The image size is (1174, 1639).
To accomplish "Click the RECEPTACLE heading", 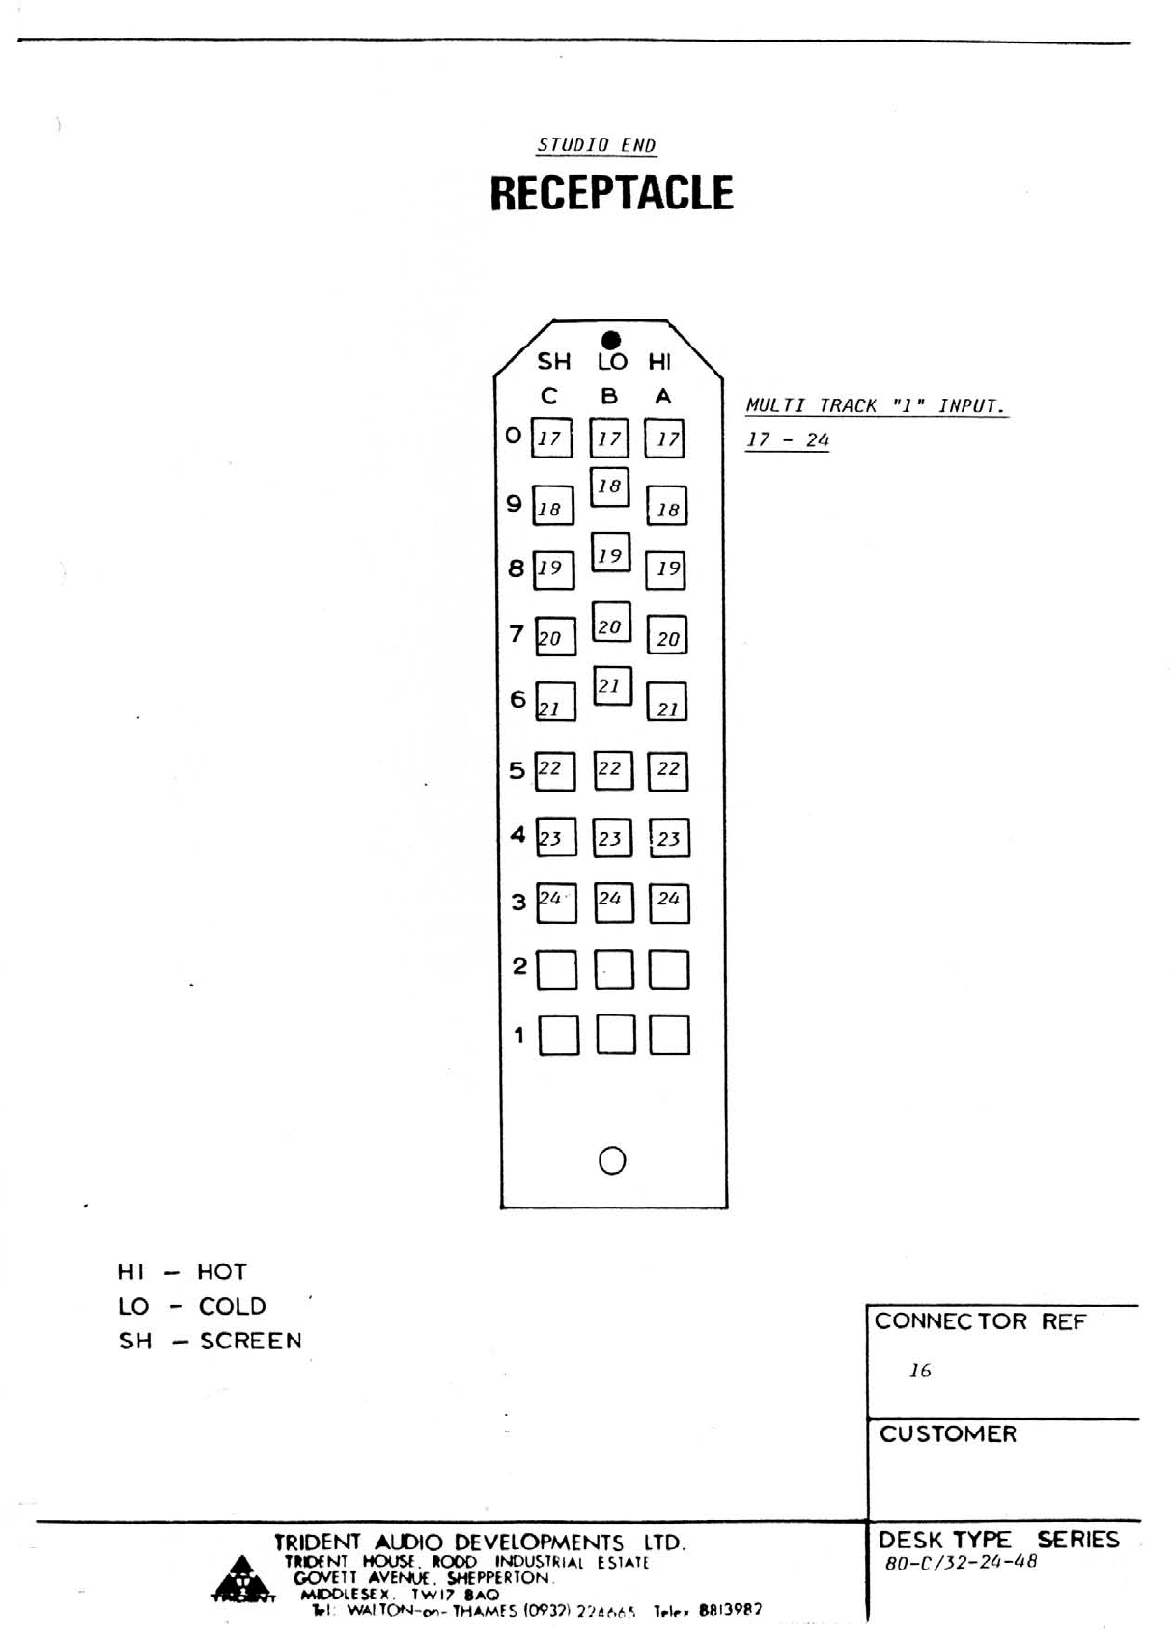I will click(x=611, y=193).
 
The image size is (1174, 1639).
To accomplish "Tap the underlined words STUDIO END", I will click(x=597, y=145).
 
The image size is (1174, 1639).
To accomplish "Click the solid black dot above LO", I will click(x=611, y=340).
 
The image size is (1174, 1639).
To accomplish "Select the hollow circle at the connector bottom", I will click(x=612, y=1160).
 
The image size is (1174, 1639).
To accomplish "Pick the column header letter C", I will click(x=549, y=396).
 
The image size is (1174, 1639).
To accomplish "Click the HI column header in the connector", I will click(x=659, y=362).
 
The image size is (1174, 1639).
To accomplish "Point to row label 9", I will click(x=515, y=503).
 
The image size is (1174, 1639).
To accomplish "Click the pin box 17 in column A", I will click(x=666, y=438).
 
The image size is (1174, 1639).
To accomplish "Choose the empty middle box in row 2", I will click(x=614, y=970).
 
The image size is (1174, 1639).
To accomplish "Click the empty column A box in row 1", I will click(x=669, y=1035).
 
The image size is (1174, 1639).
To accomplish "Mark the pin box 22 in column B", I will click(x=612, y=770).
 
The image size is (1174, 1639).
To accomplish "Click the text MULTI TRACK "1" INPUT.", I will click(x=875, y=405).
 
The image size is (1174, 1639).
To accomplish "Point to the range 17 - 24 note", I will click(x=788, y=440).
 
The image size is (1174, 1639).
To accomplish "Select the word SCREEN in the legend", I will click(x=251, y=1341).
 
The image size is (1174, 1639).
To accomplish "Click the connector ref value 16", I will click(x=920, y=1371).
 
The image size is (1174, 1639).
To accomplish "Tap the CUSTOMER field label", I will click(x=948, y=1434).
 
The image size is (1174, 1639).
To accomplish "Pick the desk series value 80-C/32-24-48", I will click(x=961, y=1562).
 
